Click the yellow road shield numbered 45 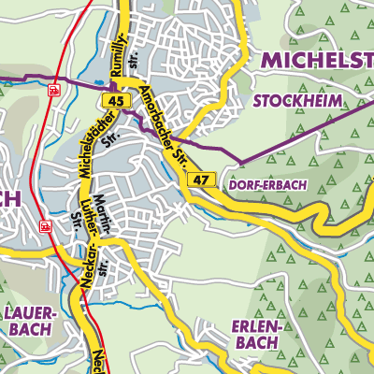click(116, 100)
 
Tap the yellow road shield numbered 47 click(199, 179)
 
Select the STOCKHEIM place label click(298, 100)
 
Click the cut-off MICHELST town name click(317, 60)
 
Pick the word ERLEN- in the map click(254, 326)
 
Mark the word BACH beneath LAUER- click(31, 331)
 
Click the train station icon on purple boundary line click(55, 90)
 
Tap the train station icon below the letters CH click(43, 225)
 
